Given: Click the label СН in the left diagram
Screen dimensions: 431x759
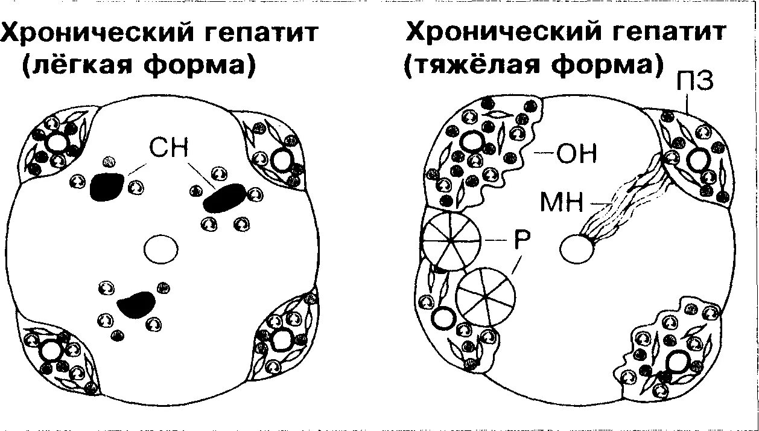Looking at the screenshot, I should coord(169,147).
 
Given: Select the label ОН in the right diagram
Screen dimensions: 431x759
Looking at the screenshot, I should coord(575,154).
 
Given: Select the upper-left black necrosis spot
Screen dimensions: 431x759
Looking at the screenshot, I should coord(107,187).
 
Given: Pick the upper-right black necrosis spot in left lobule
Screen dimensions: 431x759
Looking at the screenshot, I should coord(224,199).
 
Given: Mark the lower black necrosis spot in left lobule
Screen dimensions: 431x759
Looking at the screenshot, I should coord(136,304).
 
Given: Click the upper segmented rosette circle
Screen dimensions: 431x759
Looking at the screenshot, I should coord(451,240).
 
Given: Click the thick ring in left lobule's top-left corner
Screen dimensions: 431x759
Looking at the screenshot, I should coord(59,144).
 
